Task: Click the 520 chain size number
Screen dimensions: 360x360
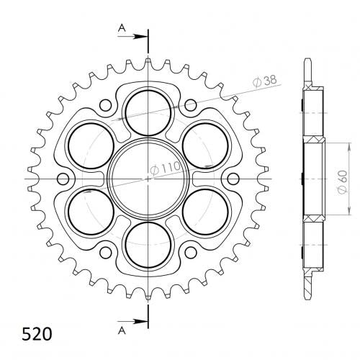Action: pyautogui.click(x=37, y=334)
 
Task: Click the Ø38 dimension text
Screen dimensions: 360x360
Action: pyautogui.click(x=265, y=81)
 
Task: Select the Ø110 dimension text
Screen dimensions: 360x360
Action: pyautogui.click(x=166, y=167)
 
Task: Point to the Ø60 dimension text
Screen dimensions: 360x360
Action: pyautogui.click(x=342, y=182)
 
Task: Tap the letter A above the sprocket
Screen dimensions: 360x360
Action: pyautogui.click(x=122, y=29)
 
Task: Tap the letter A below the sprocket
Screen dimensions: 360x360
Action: pyautogui.click(x=122, y=331)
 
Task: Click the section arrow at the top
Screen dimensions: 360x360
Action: pyautogui.click(x=132, y=37)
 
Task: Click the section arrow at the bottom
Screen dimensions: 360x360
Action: pyautogui.click(x=132, y=321)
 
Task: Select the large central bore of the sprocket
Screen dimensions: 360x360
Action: pyautogui.click(x=148, y=179)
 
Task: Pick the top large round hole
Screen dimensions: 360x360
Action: pyautogui.click(x=148, y=113)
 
